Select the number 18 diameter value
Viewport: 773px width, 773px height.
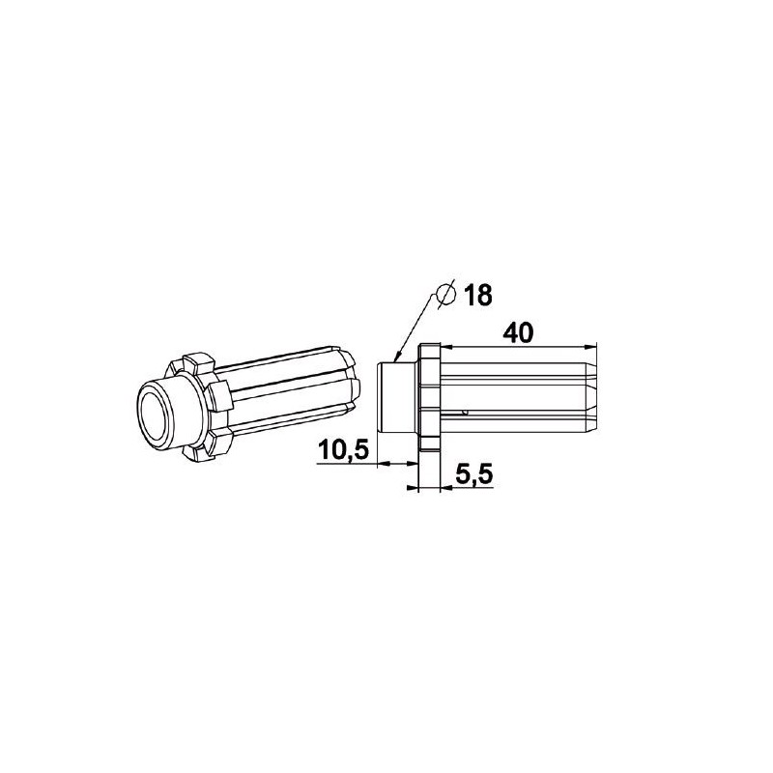[476, 293]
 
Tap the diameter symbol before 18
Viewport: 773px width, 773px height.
[446, 293]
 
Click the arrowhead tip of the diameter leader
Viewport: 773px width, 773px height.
[394, 360]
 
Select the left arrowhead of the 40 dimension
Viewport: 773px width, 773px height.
[447, 345]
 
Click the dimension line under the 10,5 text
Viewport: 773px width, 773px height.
[348, 464]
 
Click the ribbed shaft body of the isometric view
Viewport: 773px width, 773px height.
[280, 401]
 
